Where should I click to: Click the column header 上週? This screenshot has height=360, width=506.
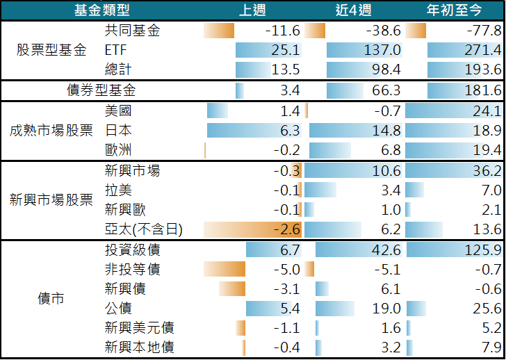[252, 10]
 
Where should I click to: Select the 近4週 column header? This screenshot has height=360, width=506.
[353, 10]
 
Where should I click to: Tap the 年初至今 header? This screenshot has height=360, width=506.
[454, 10]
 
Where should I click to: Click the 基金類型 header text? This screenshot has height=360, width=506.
[101, 10]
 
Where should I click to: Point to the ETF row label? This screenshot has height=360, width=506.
[115, 50]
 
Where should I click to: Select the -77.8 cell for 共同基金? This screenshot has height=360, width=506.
[484, 31]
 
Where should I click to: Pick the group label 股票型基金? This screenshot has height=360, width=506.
[51, 50]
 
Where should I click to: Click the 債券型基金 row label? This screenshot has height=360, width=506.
[101, 91]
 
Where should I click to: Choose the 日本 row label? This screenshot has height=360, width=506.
[118, 131]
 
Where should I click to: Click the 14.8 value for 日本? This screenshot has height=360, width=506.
[386, 131]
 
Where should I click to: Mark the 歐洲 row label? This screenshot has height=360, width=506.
[118, 150]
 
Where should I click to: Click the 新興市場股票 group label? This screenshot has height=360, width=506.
[51, 200]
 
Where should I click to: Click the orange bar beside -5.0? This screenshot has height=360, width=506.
[225, 270]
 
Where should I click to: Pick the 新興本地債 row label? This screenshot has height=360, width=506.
[139, 347]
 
